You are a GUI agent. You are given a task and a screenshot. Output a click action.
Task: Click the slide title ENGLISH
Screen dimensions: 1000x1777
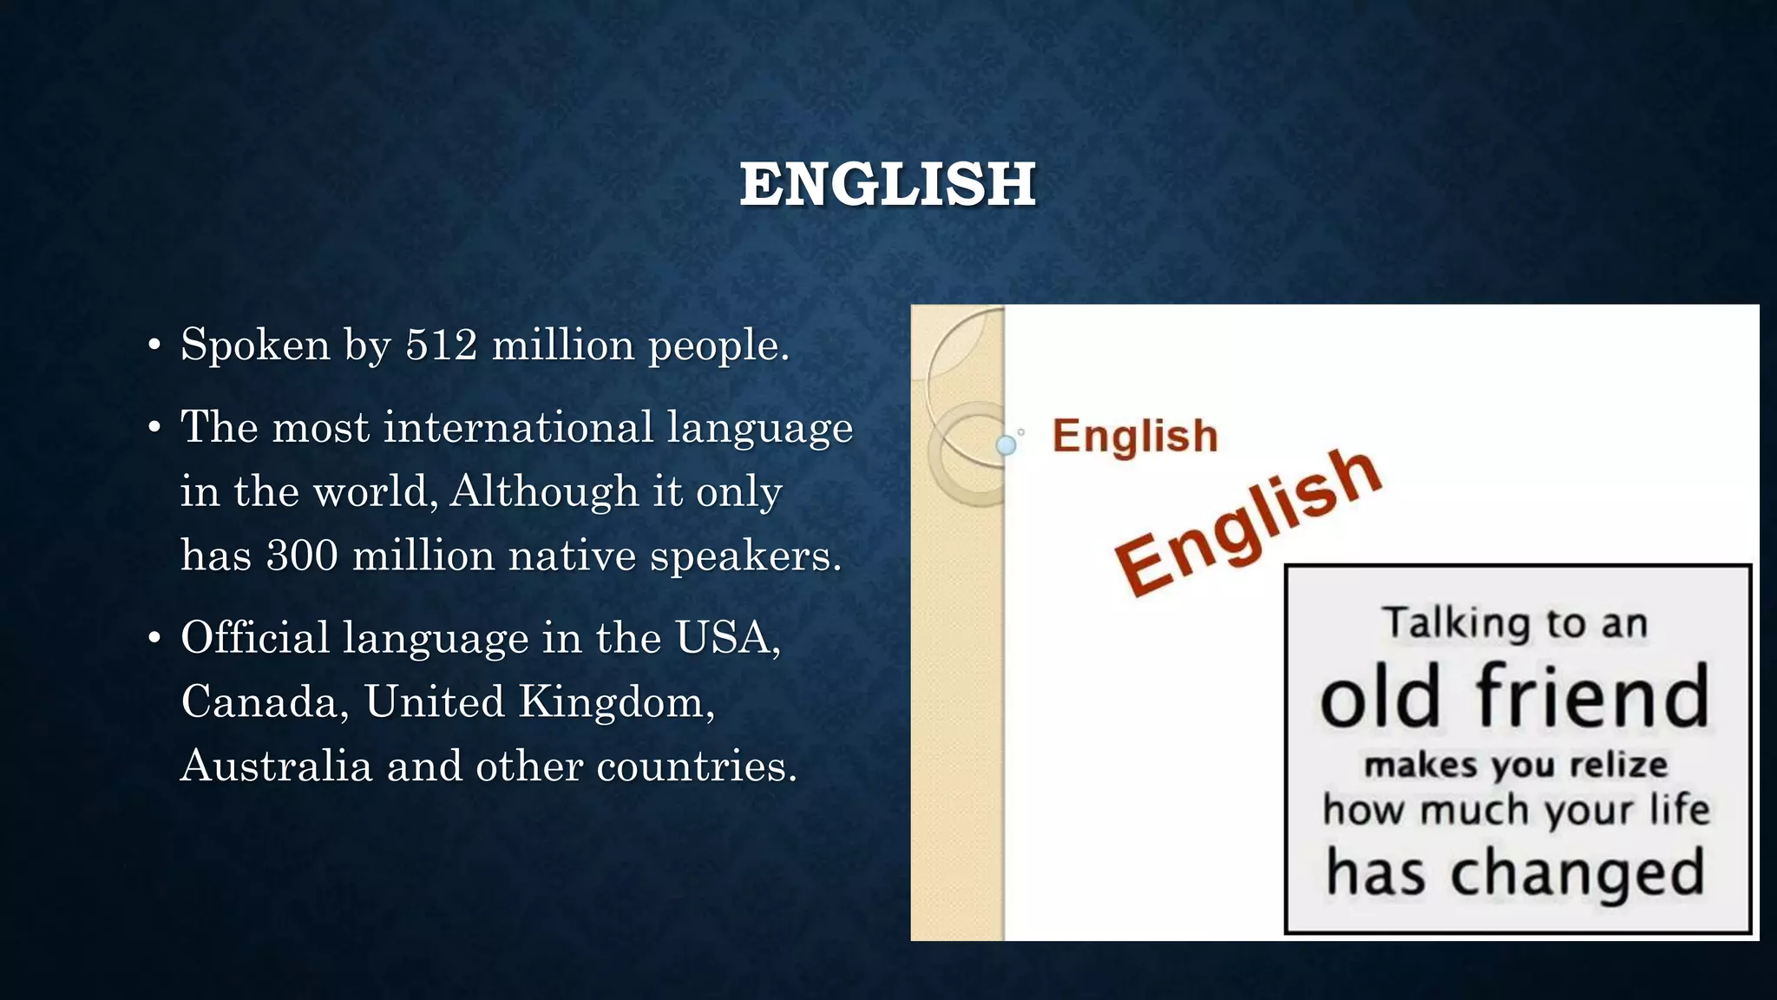888,184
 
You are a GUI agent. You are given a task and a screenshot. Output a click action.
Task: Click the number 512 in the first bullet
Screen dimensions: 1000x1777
442,345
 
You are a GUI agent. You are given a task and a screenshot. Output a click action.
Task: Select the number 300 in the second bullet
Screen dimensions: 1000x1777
302,555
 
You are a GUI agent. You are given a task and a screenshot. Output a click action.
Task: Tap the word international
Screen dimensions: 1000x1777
518,427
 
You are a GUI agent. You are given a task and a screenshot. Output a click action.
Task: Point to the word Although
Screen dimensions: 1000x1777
543,491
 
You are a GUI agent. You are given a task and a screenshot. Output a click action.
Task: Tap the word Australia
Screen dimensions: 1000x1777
277,766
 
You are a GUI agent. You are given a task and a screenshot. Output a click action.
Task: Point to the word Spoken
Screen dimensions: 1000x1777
255,345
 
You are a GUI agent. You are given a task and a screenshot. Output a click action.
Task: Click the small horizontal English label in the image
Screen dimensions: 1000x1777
1135,436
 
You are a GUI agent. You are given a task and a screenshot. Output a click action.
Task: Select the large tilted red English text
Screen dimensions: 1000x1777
1246,523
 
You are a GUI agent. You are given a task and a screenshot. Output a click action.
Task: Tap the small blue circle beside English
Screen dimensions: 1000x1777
1007,445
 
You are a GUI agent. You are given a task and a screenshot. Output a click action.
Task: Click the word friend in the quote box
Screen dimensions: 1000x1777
1593,696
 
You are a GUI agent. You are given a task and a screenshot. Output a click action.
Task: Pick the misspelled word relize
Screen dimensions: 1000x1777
1619,766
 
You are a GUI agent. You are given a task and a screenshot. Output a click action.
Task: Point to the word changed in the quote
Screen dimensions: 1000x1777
1577,873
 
